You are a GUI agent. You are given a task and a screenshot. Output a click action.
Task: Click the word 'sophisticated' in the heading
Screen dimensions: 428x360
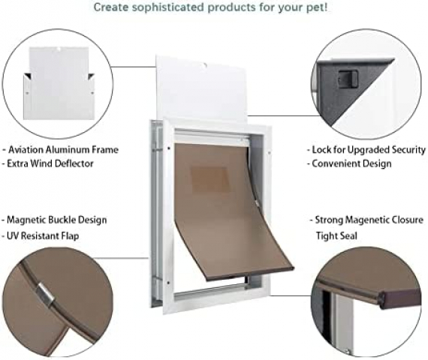[x=168, y=7]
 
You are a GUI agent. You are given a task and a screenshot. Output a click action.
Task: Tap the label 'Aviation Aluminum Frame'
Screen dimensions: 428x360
[x=63, y=150]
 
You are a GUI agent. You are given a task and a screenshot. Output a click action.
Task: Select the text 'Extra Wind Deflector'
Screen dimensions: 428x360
[x=50, y=163]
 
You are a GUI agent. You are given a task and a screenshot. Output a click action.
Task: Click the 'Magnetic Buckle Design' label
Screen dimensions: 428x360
[x=57, y=220]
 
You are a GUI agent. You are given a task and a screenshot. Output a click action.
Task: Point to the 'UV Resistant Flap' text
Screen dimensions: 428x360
[x=43, y=236]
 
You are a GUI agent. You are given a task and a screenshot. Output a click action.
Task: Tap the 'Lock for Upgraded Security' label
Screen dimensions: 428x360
[x=369, y=150]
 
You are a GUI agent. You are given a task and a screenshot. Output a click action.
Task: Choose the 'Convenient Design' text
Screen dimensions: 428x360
[x=351, y=163]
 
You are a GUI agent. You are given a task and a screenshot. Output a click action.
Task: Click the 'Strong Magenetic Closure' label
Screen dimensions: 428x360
[x=369, y=220]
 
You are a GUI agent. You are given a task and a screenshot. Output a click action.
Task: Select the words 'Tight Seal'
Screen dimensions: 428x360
[x=336, y=236]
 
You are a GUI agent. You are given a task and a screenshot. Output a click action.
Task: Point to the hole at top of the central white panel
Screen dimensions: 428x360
[x=205, y=65]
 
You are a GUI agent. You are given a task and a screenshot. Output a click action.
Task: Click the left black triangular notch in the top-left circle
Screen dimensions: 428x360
[x=28, y=76]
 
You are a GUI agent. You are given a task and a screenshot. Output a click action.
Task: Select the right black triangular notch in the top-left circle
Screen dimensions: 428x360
[x=91, y=76]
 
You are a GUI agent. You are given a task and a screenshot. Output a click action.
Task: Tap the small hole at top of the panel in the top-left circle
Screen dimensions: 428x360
[x=59, y=49]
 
